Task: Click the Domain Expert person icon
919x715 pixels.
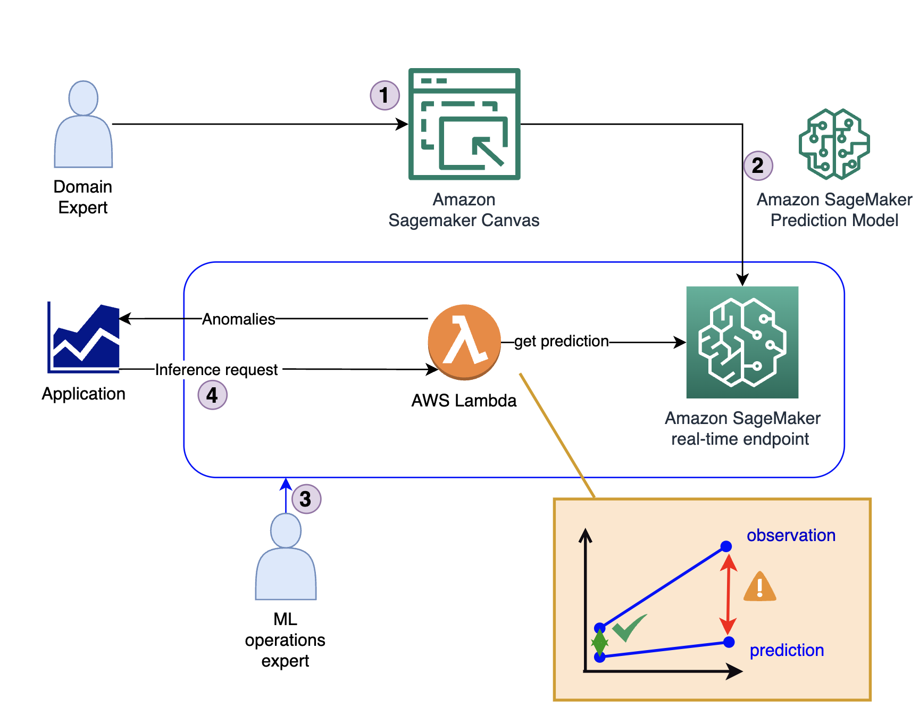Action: [83, 124]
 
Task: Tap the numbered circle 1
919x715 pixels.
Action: [385, 95]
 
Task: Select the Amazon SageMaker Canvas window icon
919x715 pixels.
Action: [464, 124]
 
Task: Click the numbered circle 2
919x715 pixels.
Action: [758, 165]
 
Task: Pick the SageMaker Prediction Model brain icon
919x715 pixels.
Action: [834, 144]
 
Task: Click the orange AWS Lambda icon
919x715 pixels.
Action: [464, 342]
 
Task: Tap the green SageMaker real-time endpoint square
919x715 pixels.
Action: [742, 342]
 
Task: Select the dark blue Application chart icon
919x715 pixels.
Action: [84, 338]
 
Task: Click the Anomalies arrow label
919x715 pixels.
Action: [239, 319]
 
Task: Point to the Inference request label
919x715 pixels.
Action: [216, 370]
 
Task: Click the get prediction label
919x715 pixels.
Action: [561, 341]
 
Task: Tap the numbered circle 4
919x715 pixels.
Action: [212, 395]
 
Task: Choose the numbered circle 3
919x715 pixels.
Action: [306, 499]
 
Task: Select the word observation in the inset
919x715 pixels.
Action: [791, 535]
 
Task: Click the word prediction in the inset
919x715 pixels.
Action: [787, 650]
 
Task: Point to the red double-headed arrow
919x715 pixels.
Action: [728, 594]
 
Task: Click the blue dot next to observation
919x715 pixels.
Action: [726, 546]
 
